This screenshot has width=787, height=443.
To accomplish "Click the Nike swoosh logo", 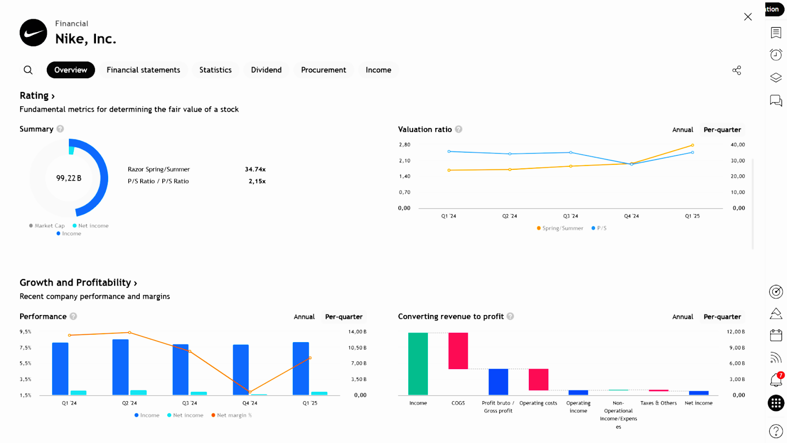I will point(33,32).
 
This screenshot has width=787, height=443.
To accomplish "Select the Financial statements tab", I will point(143,70).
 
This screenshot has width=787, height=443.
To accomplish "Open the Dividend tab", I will point(266,70).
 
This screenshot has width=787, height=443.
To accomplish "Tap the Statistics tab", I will point(215,70).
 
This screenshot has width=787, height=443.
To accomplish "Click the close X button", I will point(748,17).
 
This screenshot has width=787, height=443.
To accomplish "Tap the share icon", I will point(736,70).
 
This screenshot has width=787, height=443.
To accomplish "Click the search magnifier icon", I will point(29,70).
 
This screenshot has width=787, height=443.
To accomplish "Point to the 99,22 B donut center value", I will point(69,178).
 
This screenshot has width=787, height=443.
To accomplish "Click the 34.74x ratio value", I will point(255,169).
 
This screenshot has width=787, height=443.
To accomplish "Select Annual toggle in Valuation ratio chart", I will point(683,130).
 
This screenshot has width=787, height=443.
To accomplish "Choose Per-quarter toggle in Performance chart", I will point(344,317).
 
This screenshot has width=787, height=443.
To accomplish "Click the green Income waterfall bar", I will point(418,364).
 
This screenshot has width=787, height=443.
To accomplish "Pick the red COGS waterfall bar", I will point(458,350).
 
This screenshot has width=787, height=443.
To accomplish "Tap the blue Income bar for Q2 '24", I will point(121,367).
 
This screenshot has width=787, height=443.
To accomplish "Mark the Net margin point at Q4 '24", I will point(250,392).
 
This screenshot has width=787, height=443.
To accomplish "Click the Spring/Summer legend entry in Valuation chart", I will point(560,228).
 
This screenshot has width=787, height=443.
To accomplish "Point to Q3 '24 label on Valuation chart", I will point(571,216).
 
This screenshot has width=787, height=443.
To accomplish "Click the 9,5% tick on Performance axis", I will point(26,332).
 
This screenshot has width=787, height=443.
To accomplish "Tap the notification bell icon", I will point(776,380).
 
